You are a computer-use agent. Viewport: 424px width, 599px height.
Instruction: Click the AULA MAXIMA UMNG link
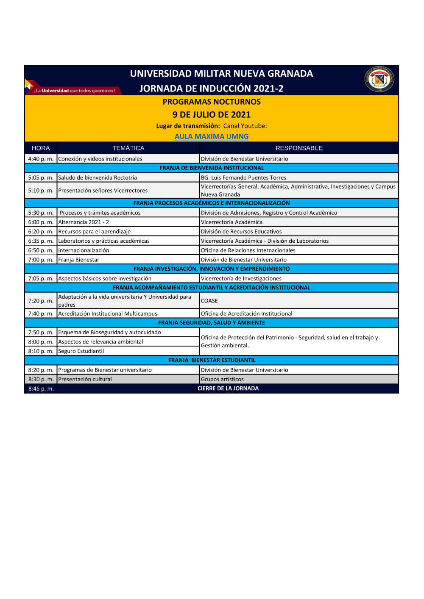(212, 136)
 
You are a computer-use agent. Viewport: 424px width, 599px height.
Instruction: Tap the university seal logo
(379, 79)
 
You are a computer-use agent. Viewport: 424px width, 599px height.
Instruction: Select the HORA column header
(41, 148)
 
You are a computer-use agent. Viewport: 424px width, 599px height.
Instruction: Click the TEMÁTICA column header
(128, 148)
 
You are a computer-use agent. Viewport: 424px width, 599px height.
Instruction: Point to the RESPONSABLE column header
(299, 148)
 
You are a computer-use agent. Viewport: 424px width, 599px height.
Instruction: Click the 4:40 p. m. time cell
(41, 159)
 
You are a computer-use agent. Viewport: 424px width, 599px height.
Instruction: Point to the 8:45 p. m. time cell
(41, 388)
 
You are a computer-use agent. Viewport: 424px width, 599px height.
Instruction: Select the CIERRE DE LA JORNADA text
(228, 388)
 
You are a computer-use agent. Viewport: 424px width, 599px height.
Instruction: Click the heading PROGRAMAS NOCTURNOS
(212, 102)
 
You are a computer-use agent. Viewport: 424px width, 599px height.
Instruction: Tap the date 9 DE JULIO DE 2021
(212, 115)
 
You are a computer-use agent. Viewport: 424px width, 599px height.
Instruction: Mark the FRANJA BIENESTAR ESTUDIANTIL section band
(212, 360)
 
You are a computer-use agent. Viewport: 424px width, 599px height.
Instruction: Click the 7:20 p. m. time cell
(41, 301)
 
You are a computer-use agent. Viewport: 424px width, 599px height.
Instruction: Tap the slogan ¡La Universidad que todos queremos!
(75, 91)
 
